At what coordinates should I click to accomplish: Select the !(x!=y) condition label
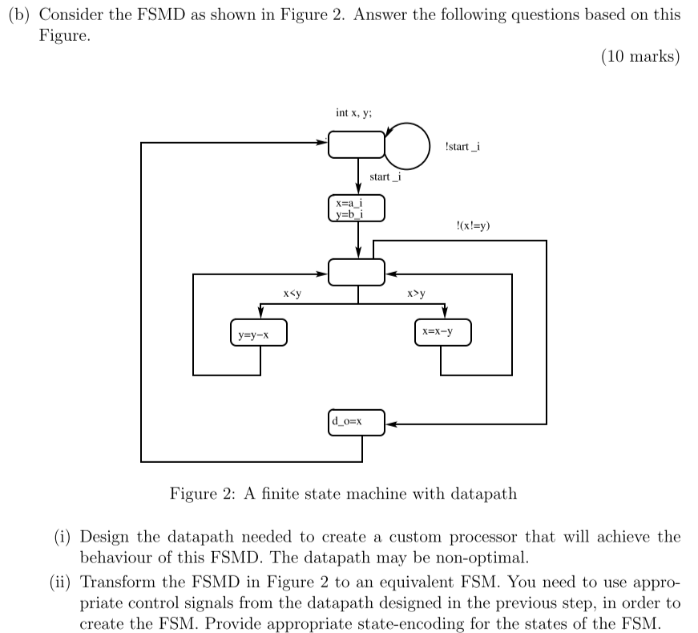click(472, 225)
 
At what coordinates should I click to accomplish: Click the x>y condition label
click(417, 294)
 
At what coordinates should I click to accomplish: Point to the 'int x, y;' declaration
click(353, 113)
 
